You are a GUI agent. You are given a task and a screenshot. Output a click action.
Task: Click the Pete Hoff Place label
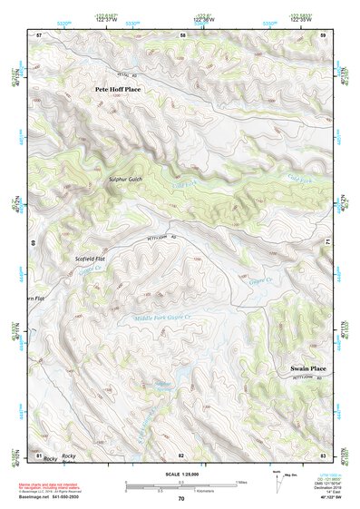coord(119,90)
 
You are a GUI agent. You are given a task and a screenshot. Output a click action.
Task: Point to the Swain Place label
coord(306,368)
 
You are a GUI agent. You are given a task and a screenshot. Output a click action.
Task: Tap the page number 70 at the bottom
coord(181,499)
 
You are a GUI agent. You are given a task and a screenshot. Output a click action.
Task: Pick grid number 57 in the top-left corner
coord(38,34)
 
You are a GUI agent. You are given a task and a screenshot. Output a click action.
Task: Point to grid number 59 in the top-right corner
coord(323,34)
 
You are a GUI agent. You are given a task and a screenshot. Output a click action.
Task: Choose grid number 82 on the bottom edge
coord(181,455)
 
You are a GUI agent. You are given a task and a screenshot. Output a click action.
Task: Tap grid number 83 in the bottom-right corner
coord(323,455)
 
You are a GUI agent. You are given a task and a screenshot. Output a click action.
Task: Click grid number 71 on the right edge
coord(328,243)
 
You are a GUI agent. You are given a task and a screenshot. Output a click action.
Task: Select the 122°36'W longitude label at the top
coord(203,18)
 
